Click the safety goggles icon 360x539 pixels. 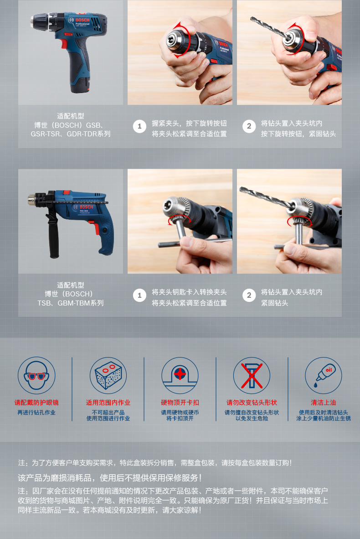[x=36, y=375]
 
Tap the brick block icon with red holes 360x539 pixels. [x=108, y=375]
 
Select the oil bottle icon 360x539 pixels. [x=324, y=375]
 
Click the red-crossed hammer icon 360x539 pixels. [x=252, y=375]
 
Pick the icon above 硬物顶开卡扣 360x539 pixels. [x=180, y=375]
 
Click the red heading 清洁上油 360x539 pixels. [x=324, y=403]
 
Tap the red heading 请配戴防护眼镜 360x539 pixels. [x=36, y=403]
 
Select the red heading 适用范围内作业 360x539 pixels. [x=108, y=403]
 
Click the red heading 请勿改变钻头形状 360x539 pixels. [x=252, y=403]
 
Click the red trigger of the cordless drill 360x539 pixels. [x=63, y=44]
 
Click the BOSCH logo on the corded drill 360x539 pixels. [x=86, y=207]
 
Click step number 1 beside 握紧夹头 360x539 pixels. [x=139, y=126]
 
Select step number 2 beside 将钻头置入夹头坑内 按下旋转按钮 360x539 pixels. [x=249, y=126]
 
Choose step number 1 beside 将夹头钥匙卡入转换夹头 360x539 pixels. [x=139, y=295]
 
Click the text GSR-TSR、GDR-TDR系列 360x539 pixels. [x=71, y=134]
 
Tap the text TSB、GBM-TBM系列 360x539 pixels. [x=71, y=303]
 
